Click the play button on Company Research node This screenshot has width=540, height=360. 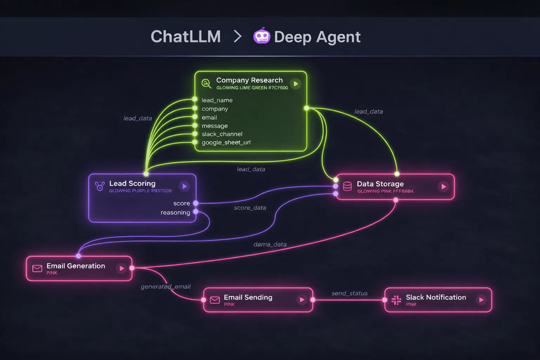[x=296, y=84]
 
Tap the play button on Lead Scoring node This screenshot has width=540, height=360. [x=184, y=186]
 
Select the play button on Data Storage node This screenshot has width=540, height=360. [x=443, y=187]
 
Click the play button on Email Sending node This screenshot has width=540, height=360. [x=302, y=300]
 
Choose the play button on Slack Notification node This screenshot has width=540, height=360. [x=481, y=300]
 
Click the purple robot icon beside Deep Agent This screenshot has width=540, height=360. [x=262, y=36]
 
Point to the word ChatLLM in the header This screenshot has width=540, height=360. [x=186, y=37]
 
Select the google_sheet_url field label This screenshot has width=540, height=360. [x=226, y=142]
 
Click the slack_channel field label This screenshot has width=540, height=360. [x=222, y=134]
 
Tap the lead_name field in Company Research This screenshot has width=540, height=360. [x=217, y=100]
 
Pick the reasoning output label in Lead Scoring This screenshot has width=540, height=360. [x=175, y=212]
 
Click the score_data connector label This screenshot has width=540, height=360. [x=250, y=208]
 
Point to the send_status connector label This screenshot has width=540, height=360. [x=349, y=293]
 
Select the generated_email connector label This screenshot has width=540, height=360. [x=166, y=287]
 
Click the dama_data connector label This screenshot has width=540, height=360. [x=270, y=244]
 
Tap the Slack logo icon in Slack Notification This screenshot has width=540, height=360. [x=396, y=300]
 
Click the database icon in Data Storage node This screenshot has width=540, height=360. [x=347, y=186]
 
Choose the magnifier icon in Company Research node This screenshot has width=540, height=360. [x=206, y=84]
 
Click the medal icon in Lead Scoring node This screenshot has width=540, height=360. [x=100, y=186]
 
